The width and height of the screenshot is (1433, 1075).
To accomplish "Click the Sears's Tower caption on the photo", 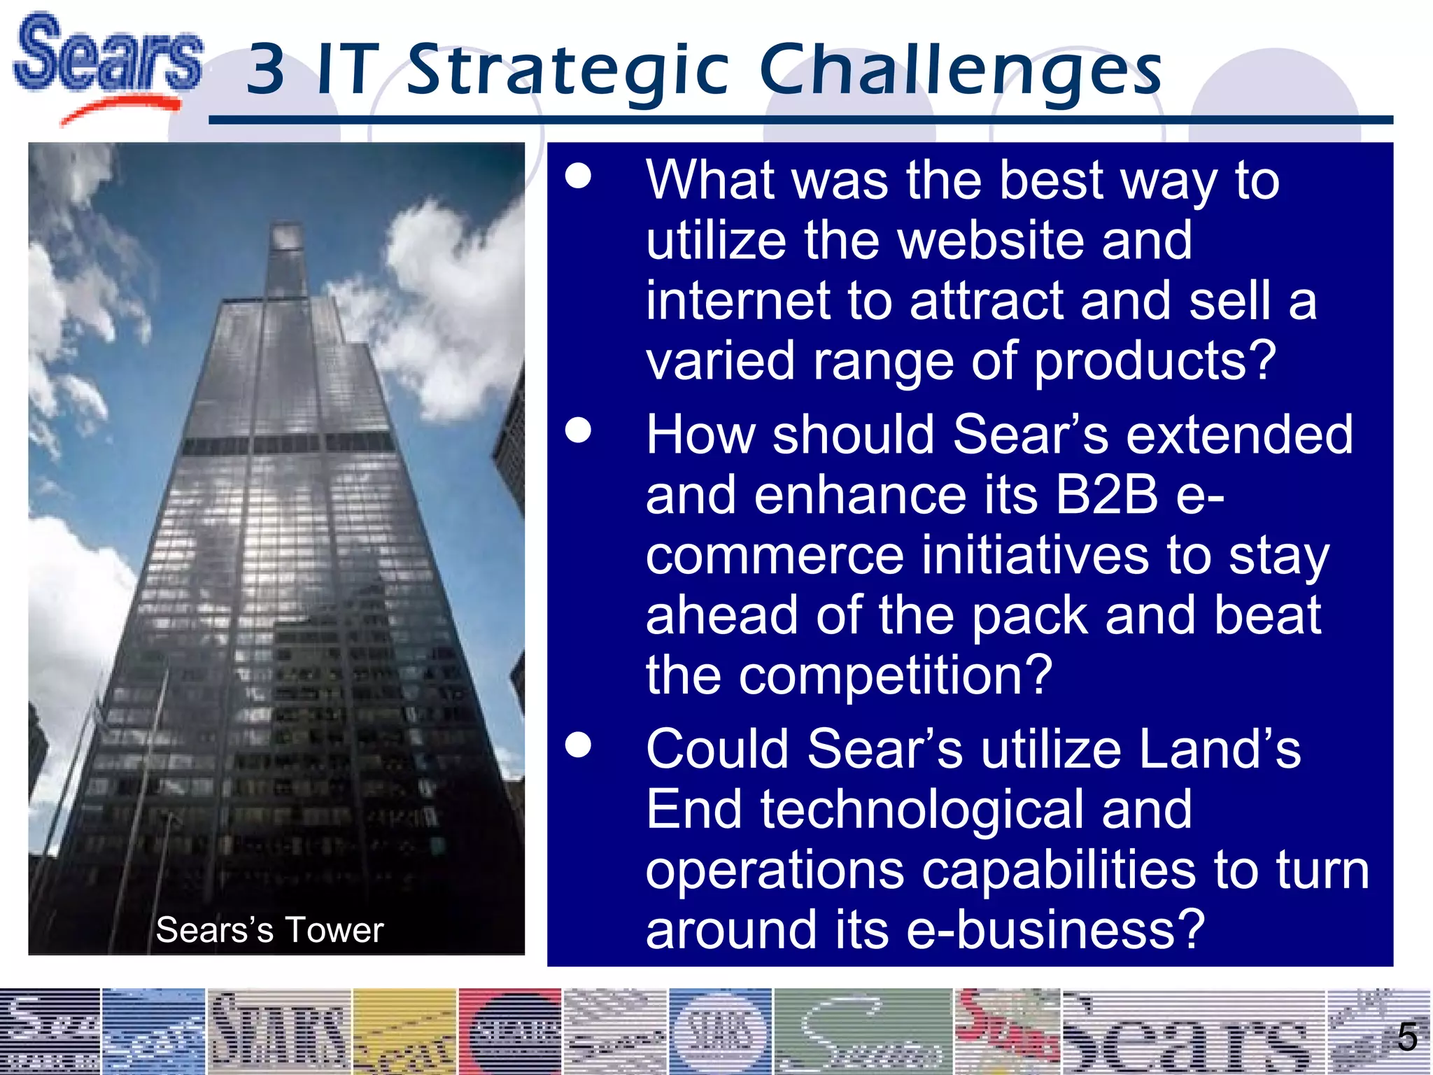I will point(269,930).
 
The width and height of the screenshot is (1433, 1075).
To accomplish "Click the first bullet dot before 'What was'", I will point(579,177).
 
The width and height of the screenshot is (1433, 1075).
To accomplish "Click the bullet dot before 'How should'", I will point(579,431).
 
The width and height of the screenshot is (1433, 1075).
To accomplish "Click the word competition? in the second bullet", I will point(896,675).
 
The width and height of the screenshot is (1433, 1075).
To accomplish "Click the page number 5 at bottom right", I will point(1407,1038).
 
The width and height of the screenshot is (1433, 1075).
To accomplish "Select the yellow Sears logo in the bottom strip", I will point(404,1032).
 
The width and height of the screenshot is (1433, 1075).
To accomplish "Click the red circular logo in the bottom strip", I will point(509,1032).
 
